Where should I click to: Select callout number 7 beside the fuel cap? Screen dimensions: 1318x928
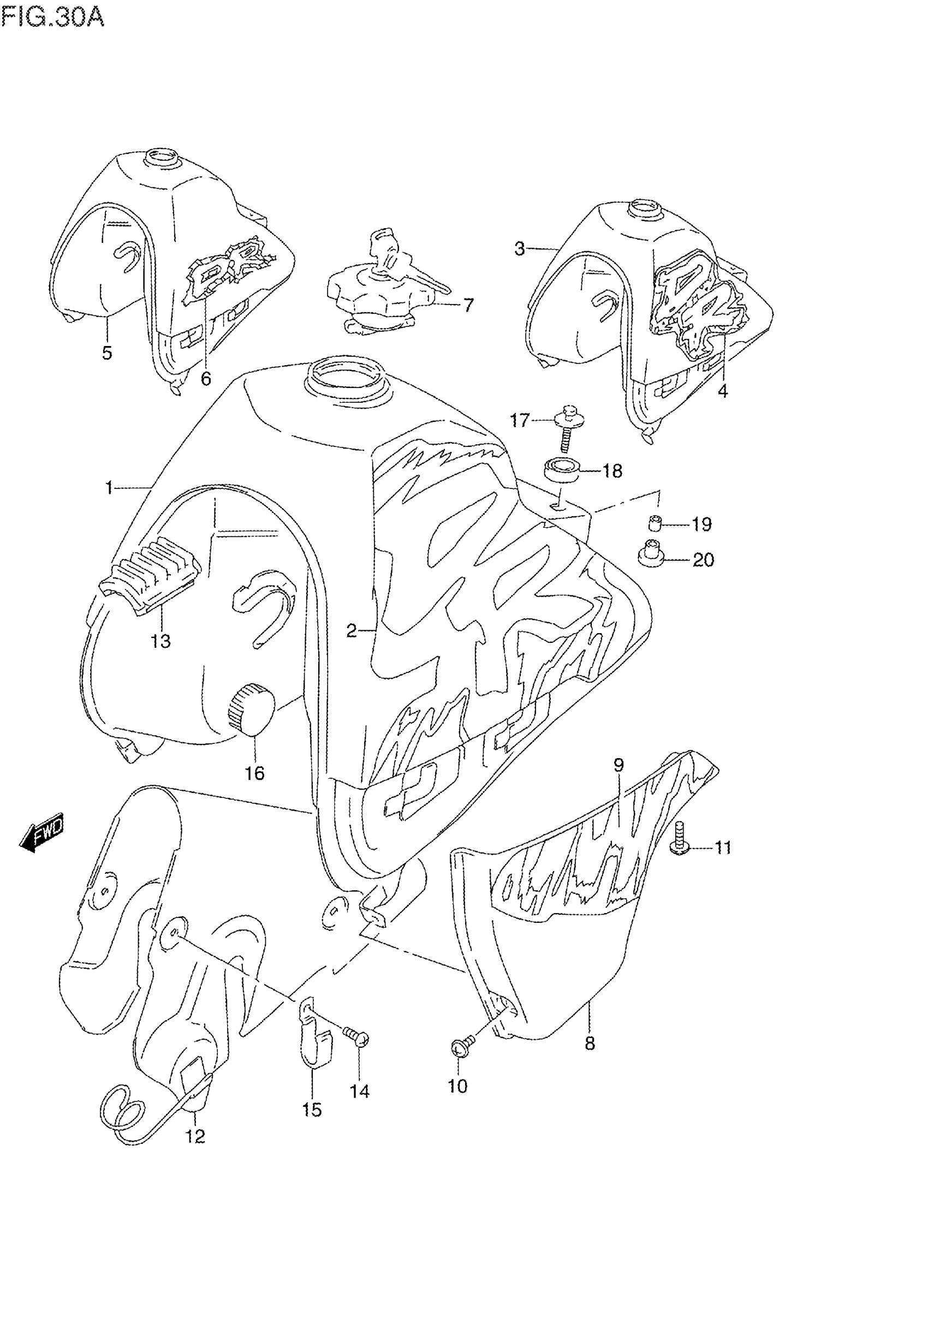coord(468,305)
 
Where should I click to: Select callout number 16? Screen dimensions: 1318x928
coord(254,774)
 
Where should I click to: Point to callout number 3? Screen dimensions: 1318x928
coord(519,249)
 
